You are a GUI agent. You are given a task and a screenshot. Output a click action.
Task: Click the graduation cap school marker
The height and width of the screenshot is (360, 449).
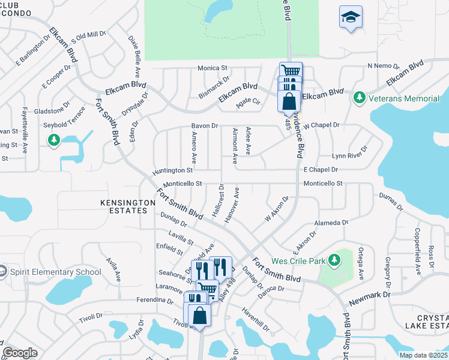pos(351,17)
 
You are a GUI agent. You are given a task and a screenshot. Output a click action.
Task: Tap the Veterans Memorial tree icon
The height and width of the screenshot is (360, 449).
pos(360,97)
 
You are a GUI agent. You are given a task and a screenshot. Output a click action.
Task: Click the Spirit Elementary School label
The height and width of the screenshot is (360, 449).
pos(55,272)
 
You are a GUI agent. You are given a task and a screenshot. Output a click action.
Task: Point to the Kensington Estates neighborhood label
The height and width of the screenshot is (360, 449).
pos(124,207)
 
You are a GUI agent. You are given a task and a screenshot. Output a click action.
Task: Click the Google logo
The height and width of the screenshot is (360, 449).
pos(20,353)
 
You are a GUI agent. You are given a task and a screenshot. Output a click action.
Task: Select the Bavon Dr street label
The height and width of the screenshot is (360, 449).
pos(204,125)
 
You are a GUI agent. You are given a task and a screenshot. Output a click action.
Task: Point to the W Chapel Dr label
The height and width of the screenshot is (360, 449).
pos(322,125)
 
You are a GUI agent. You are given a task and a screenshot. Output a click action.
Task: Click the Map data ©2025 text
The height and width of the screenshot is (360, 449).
pos(423,355)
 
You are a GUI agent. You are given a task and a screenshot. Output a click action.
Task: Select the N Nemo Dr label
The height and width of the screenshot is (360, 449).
pos(383,65)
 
